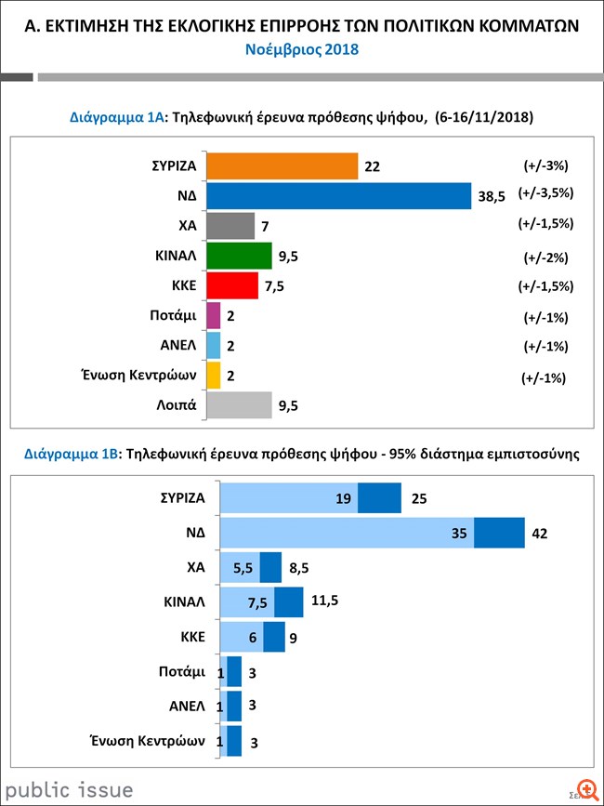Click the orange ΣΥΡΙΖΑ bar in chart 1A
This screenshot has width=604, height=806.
click(x=282, y=165)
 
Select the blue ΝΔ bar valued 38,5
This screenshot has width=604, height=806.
click(x=339, y=195)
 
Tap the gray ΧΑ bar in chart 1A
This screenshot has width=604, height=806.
click(x=230, y=226)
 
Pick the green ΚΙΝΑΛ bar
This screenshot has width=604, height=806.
click(x=238, y=256)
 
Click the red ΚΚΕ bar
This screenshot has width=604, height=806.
click(x=231, y=285)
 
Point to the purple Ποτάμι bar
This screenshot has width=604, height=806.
click(x=213, y=316)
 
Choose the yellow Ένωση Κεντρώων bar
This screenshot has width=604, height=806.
click(x=213, y=375)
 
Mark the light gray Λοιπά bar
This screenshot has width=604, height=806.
click(x=238, y=405)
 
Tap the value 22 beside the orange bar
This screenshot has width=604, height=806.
click(x=374, y=166)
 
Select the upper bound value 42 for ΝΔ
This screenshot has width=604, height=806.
click(x=540, y=534)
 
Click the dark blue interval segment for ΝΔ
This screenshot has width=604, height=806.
click(x=499, y=533)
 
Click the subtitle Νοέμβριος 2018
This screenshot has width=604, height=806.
click(x=302, y=49)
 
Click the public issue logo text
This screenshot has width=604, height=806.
click(x=67, y=790)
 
